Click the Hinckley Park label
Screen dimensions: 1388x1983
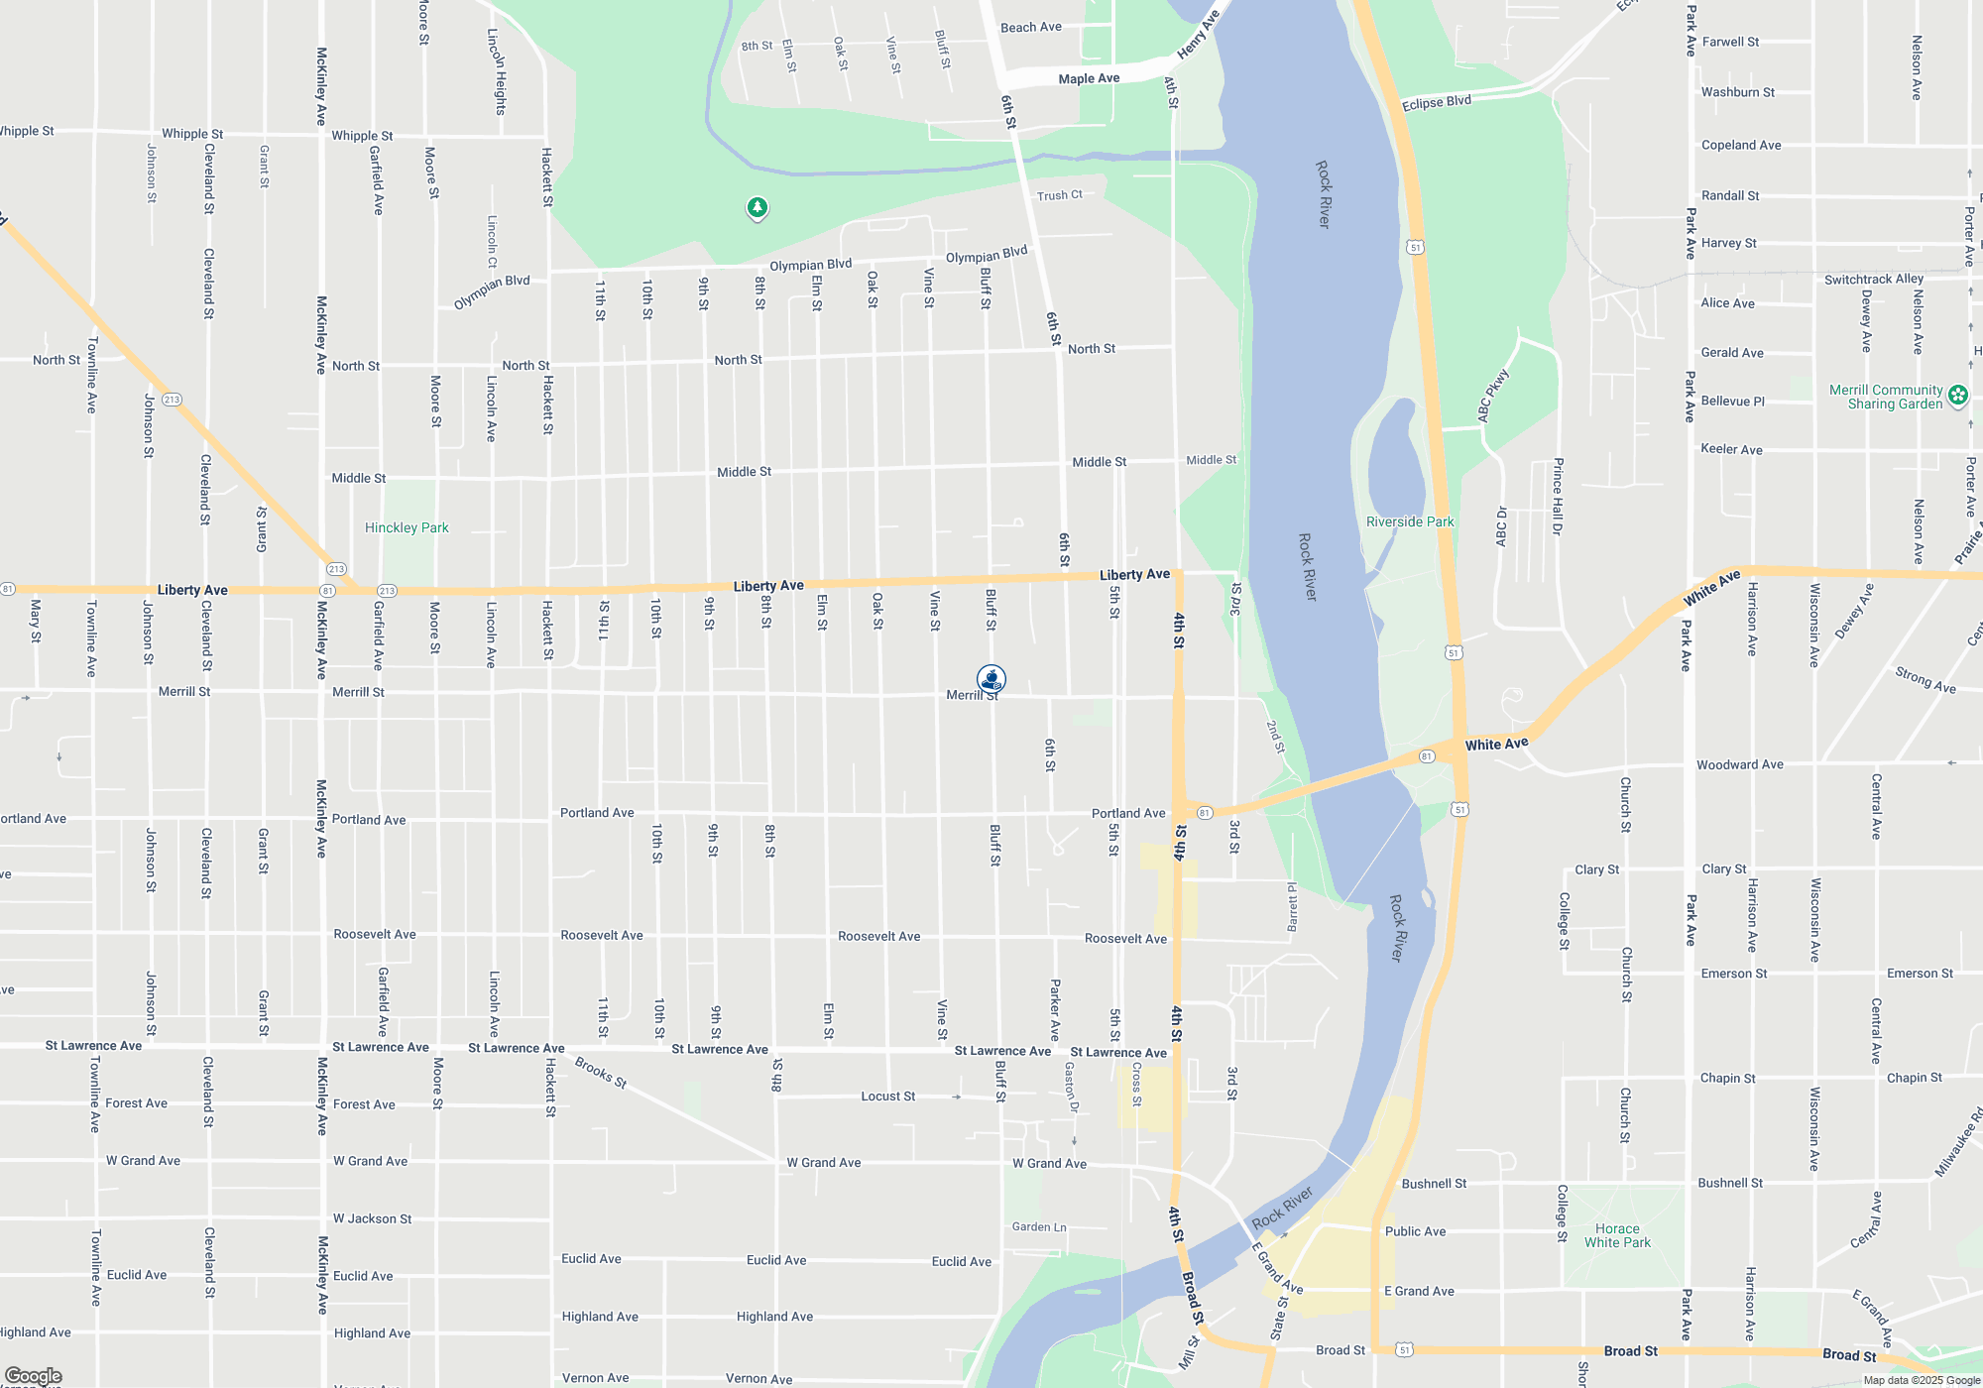click(x=407, y=527)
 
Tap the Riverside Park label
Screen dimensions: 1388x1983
click(x=1410, y=521)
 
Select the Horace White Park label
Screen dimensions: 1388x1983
click(x=1617, y=1235)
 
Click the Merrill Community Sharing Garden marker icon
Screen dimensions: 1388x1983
click(x=1958, y=396)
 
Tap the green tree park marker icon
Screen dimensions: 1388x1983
click(x=758, y=207)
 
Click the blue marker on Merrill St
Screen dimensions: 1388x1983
click(x=991, y=678)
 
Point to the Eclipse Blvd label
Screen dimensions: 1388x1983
click(x=1436, y=102)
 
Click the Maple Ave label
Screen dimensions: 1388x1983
click(x=1089, y=78)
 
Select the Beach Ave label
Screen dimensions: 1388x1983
click(x=1030, y=27)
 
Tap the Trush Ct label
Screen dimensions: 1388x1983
click(x=1059, y=195)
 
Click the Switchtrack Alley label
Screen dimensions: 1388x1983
click(x=1874, y=280)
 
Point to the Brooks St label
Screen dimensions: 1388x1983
click(x=601, y=1073)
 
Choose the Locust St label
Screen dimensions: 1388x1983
click(x=887, y=1096)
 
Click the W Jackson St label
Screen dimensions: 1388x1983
click(x=372, y=1218)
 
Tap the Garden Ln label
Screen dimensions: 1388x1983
click(x=1039, y=1226)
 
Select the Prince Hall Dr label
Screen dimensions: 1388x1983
click(x=1558, y=497)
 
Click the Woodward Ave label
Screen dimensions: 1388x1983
click(x=1739, y=764)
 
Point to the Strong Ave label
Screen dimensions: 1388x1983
click(x=1925, y=680)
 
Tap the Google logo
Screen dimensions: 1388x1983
click(x=34, y=1376)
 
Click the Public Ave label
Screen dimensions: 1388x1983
click(x=1415, y=1231)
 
